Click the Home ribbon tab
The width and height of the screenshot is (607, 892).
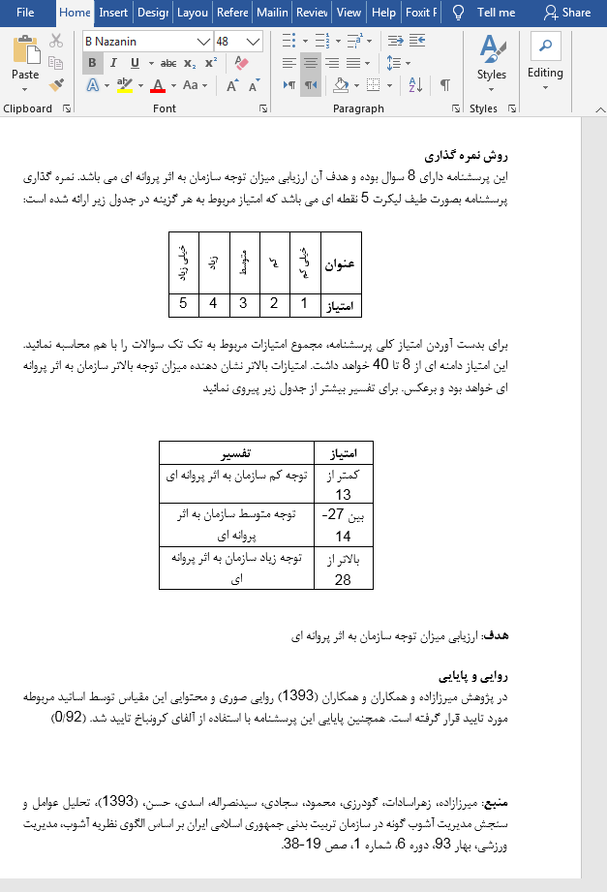[75, 13]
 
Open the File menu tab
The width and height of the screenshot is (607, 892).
[25, 13]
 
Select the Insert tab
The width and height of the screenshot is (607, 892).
[113, 13]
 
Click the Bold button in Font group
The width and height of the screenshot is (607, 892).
[93, 63]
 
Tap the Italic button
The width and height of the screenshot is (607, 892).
[113, 63]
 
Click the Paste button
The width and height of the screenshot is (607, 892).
[25, 60]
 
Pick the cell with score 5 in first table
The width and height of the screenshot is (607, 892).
[184, 304]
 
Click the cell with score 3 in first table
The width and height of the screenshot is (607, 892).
[243, 304]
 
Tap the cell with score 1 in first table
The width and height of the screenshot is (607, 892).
[304, 304]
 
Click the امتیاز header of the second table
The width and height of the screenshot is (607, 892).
[345, 453]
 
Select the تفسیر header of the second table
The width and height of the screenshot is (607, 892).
[237, 453]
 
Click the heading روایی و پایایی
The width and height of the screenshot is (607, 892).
[473, 676]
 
